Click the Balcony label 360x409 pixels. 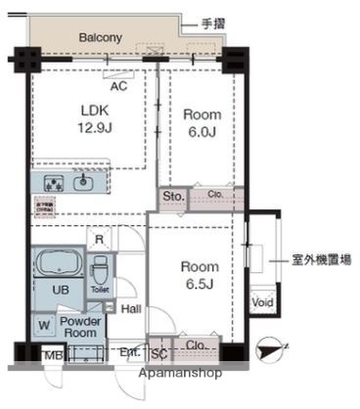coord(100,38)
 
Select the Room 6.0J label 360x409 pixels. coord(203,122)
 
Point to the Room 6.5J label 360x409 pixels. coord(199,274)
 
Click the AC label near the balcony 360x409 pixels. coord(119,86)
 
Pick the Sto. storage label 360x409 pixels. coord(173,197)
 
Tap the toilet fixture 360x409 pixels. coord(100,267)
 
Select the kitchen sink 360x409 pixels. coord(84,182)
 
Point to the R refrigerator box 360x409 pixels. coord(101,238)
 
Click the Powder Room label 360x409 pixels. coord(81,327)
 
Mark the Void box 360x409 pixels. coord(262,303)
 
